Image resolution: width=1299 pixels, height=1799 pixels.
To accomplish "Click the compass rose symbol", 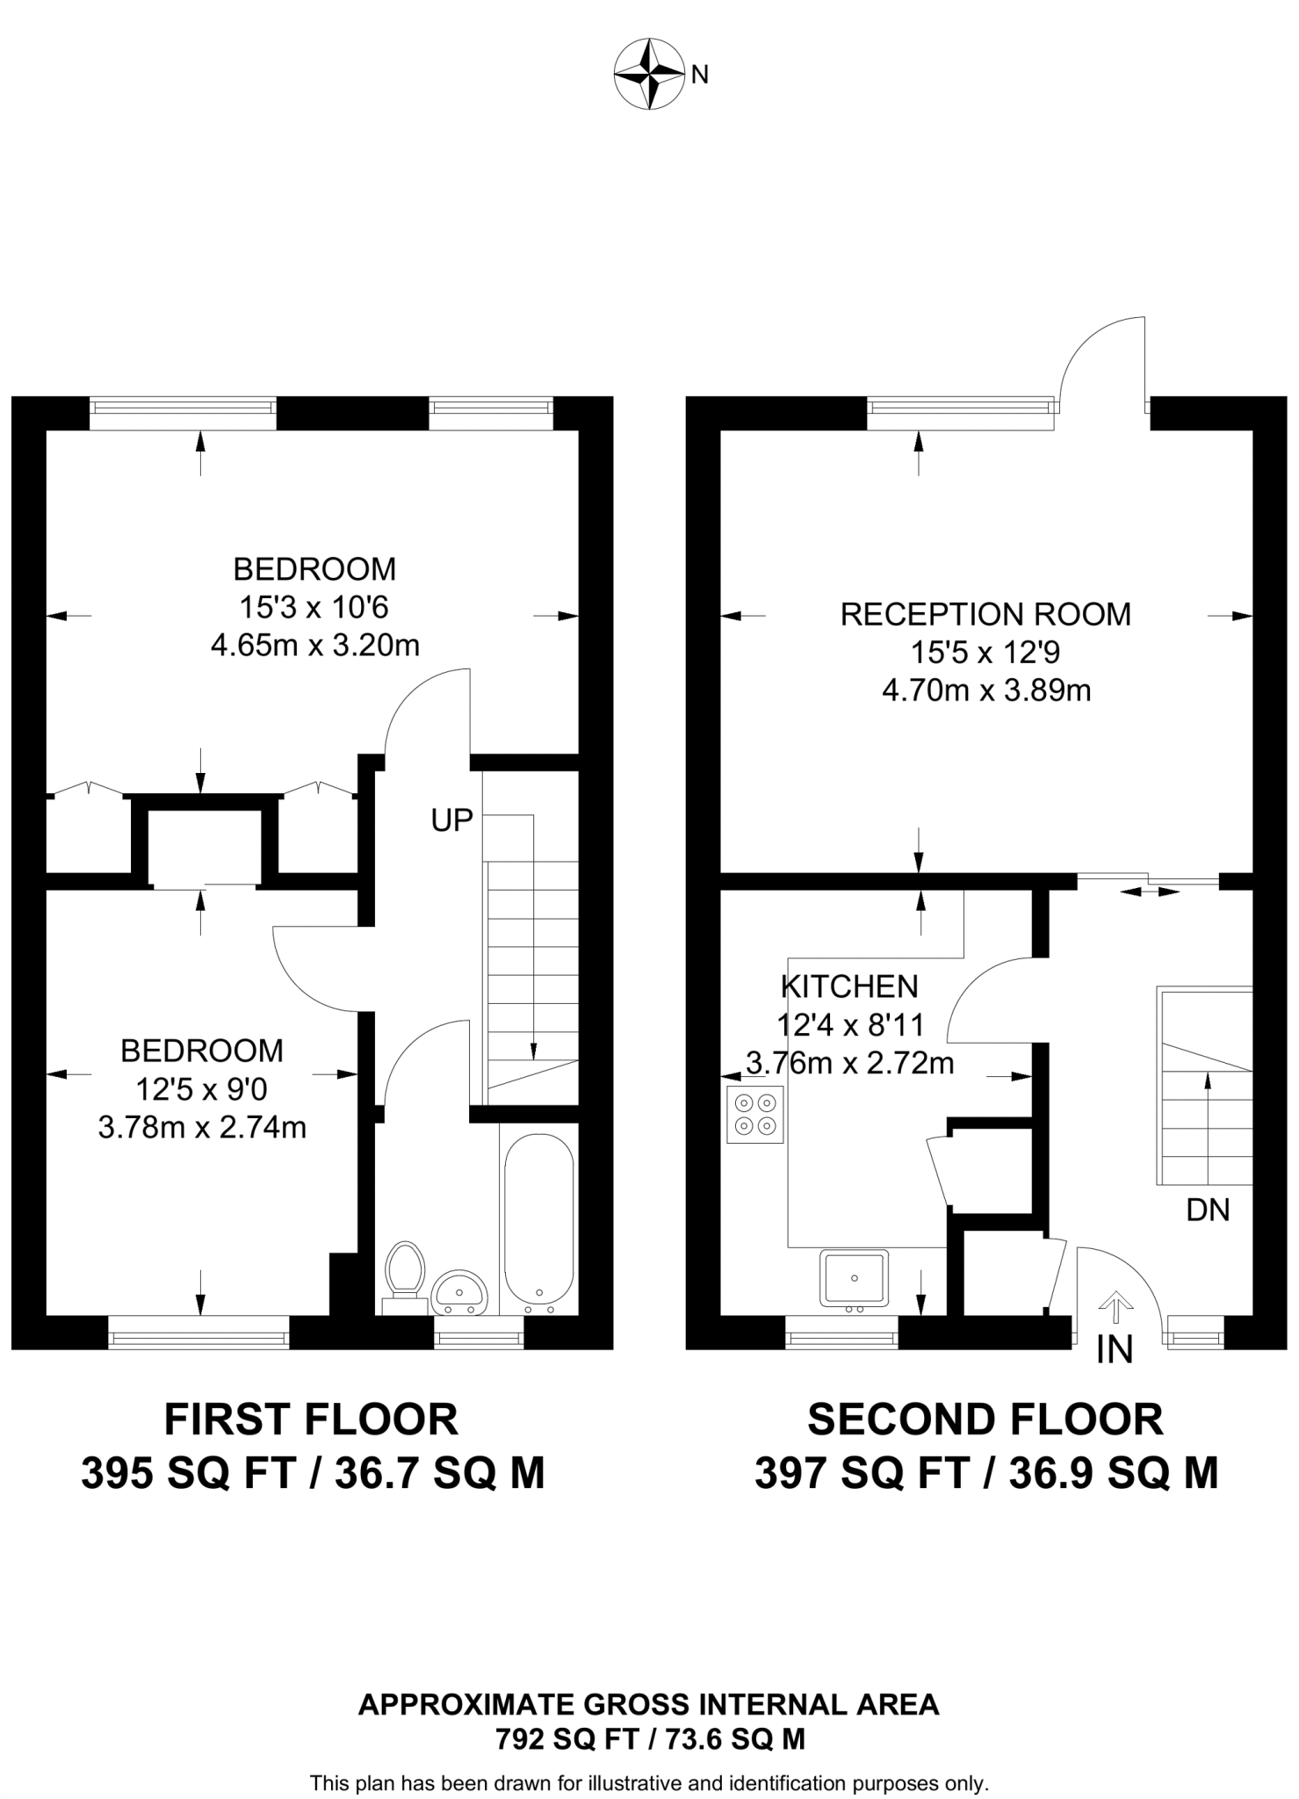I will [649, 74].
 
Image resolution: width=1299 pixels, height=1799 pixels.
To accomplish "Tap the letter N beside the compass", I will [699, 76].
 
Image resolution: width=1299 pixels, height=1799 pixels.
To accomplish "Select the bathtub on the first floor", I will [538, 1221].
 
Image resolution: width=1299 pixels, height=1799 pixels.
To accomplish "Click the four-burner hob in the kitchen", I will [755, 1114].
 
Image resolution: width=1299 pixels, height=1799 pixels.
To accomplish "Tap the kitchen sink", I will [854, 1279].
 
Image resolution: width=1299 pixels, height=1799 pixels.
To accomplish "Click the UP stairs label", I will [451, 820].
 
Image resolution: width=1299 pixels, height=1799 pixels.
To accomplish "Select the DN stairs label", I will [1208, 1210].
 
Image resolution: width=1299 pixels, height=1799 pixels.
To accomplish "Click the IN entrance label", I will [1115, 1350].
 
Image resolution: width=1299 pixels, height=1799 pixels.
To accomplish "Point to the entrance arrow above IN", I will [1115, 1306].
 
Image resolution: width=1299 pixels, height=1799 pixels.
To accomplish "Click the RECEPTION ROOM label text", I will [985, 614].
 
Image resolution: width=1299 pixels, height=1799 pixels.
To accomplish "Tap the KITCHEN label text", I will [849, 986].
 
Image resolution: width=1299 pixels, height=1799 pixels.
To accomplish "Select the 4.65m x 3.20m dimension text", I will [314, 647].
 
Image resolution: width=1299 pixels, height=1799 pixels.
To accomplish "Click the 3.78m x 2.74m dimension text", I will [202, 1127].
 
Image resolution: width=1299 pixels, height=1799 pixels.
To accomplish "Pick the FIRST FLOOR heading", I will [312, 1420].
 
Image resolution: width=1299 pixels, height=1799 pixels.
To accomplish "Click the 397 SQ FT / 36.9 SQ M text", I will [986, 1474].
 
